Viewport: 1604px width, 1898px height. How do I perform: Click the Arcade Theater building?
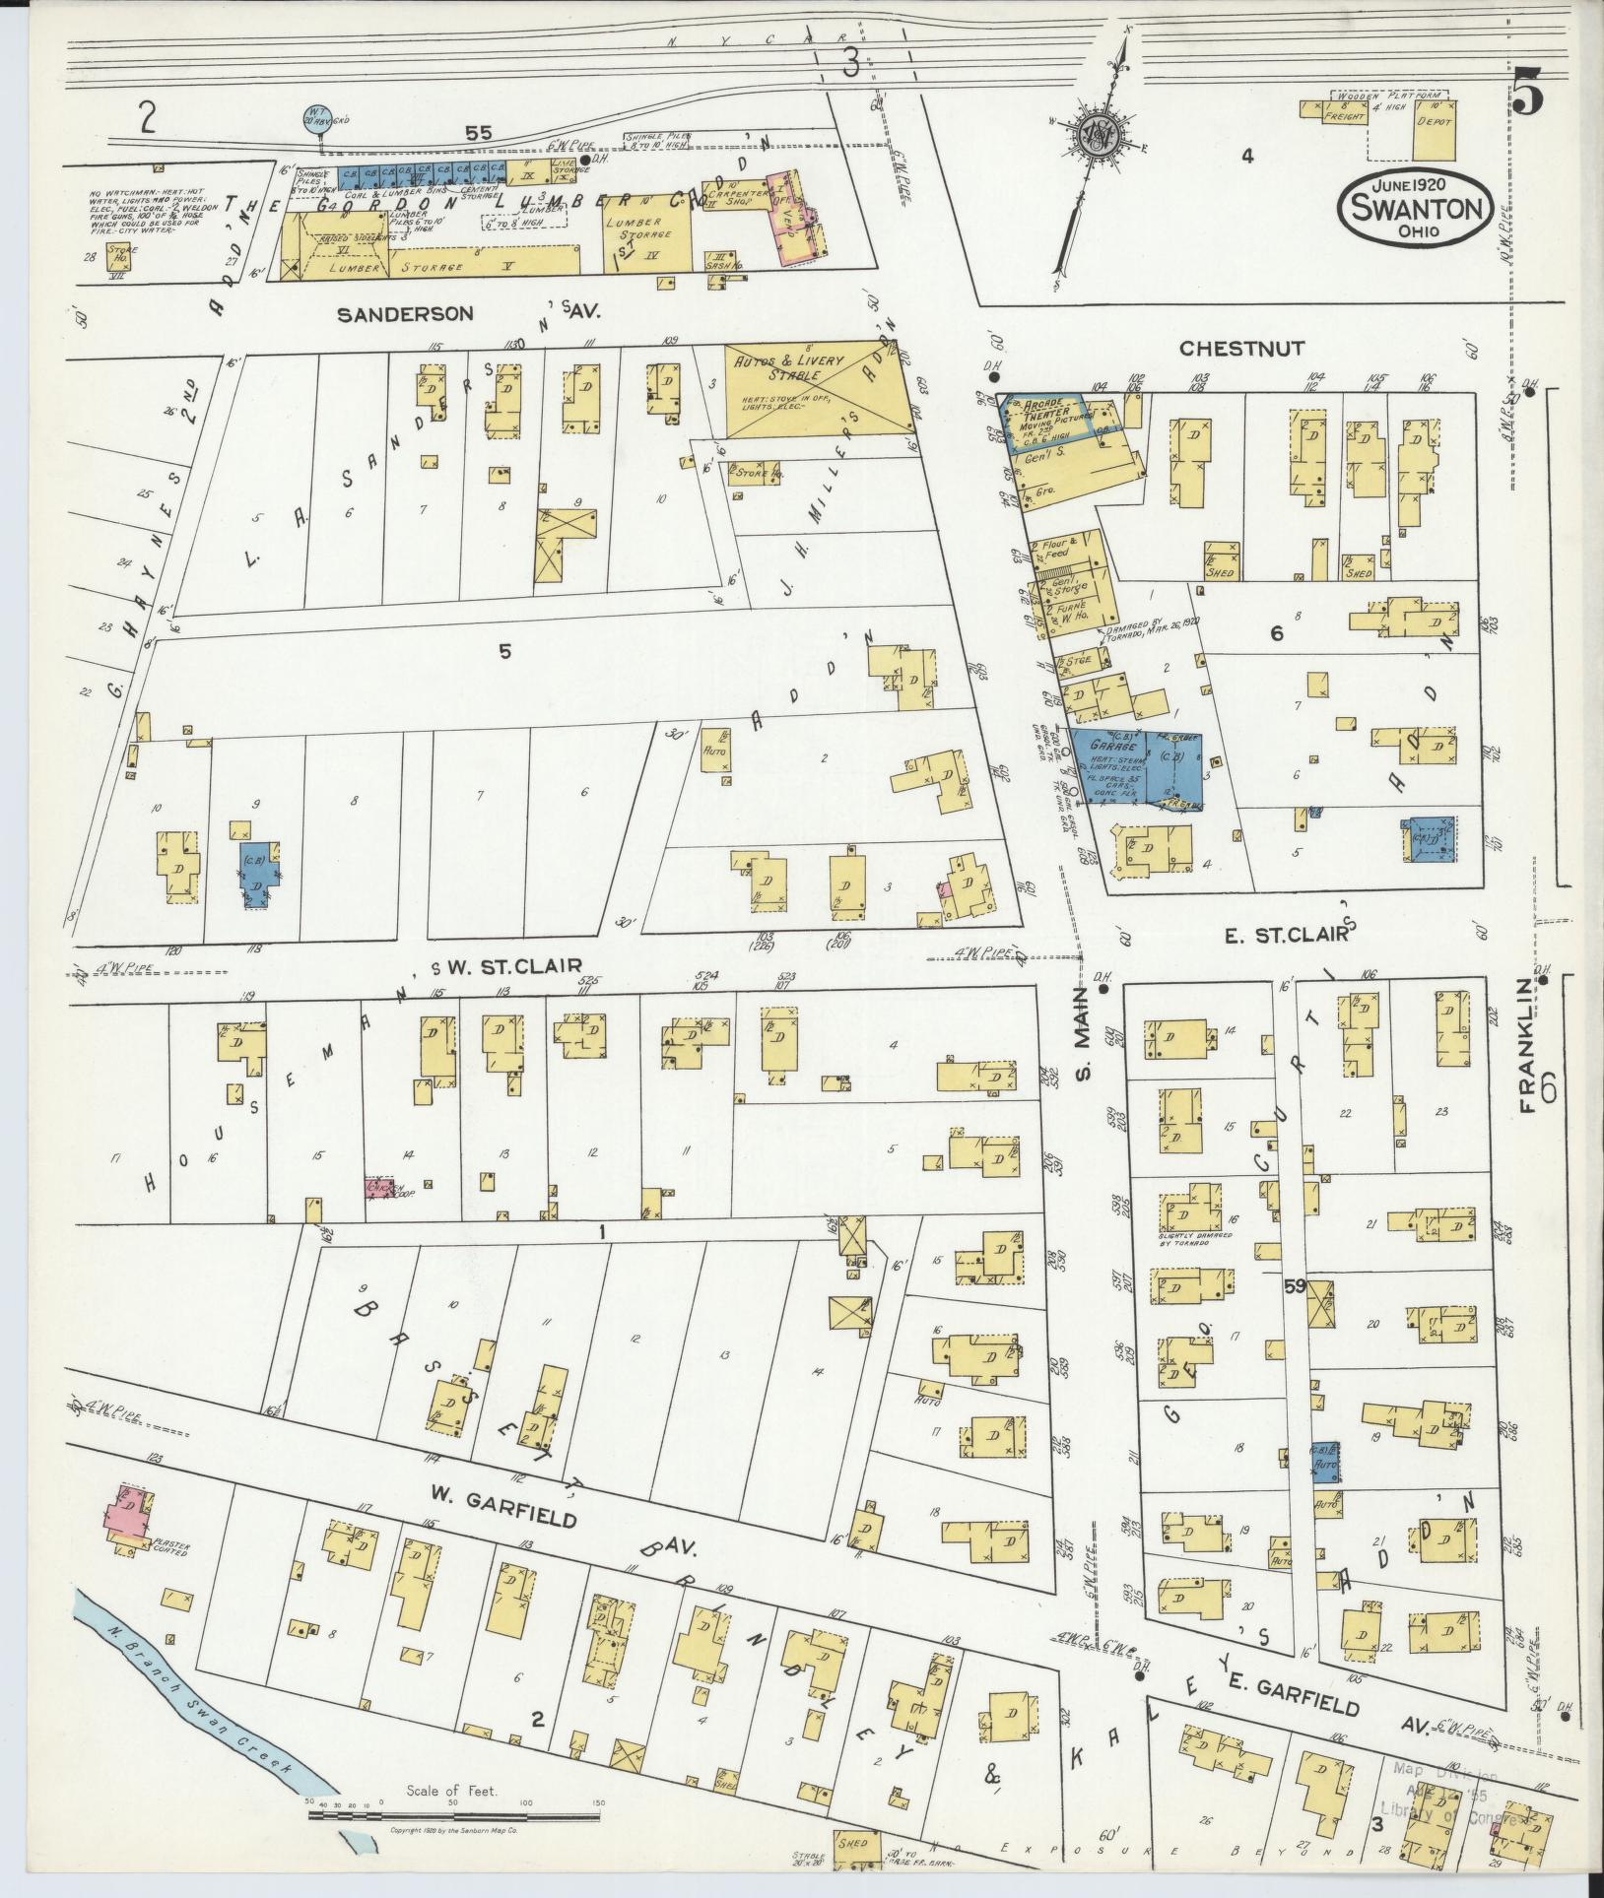point(1044,424)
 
